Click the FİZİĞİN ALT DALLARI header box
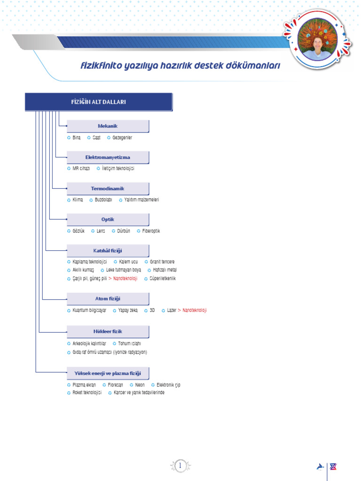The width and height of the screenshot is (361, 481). click(98, 102)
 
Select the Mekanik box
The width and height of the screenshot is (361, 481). click(108, 126)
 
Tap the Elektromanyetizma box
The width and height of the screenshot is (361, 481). click(108, 157)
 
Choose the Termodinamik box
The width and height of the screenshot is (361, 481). click(108, 188)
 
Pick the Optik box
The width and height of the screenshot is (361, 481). click(108, 219)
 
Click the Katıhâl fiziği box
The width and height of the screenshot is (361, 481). click(108, 251)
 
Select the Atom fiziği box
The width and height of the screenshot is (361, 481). click(108, 299)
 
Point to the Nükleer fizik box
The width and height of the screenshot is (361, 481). click(108, 331)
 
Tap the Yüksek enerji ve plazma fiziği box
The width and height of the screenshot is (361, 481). click(108, 373)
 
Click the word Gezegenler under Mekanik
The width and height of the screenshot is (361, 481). click(122, 138)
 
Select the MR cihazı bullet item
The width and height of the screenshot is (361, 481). click(81, 168)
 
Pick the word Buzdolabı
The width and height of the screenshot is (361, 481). click(103, 200)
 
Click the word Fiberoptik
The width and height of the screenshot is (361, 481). click(151, 231)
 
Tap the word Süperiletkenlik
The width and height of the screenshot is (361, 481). click(163, 279)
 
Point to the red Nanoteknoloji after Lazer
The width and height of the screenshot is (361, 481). click(194, 310)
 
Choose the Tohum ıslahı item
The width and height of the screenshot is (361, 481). click(129, 343)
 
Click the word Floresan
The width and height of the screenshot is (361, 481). click(116, 385)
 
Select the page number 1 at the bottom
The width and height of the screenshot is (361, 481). click(180, 465)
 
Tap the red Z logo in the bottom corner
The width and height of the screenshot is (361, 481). click(334, 466)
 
